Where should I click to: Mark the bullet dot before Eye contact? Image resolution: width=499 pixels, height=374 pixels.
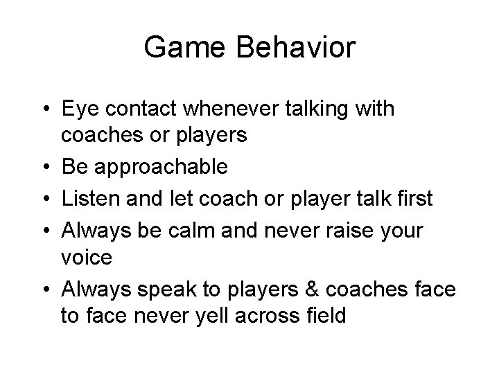click(x=44, y=109)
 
